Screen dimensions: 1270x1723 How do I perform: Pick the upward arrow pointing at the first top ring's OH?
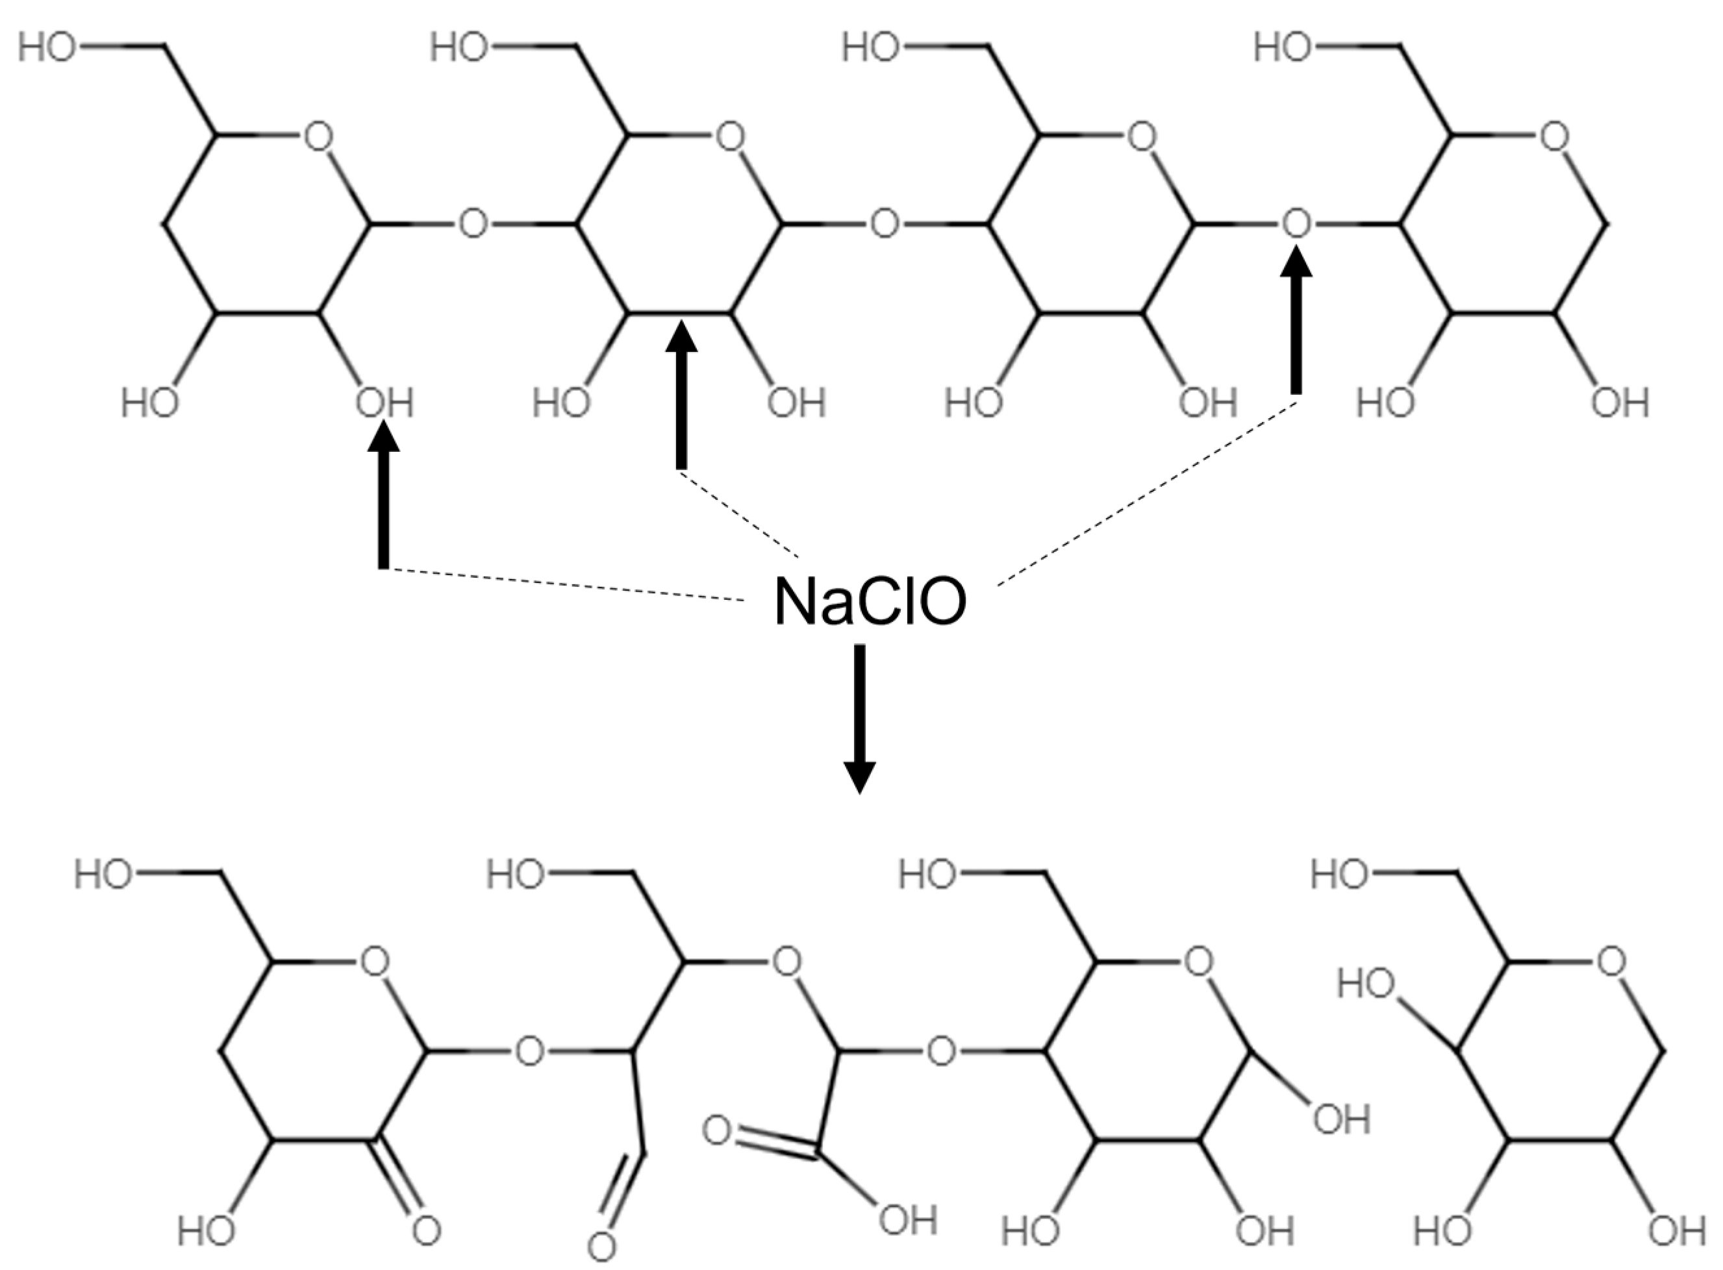tap(384, 500)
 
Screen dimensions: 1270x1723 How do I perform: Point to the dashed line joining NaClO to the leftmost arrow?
tap(569, 584)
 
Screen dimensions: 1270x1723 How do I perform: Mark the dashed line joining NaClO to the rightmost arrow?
tap(1146, 492)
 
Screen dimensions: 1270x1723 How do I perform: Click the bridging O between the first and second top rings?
tap(473, 225)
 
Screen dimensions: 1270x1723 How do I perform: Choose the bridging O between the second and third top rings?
tap(884, 225)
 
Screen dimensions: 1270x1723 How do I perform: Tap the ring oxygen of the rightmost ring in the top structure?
tap(1554, 138)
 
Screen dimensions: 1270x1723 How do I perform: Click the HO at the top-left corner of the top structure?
tap(47, 47)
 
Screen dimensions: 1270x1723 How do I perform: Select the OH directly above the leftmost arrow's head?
tap(384, 403)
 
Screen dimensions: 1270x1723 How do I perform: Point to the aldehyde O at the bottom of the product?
tap(601, 1245)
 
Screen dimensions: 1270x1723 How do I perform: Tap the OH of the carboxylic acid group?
tap(907, 1221)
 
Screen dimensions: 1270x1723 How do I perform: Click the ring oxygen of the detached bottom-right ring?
tap(1610, 962)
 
